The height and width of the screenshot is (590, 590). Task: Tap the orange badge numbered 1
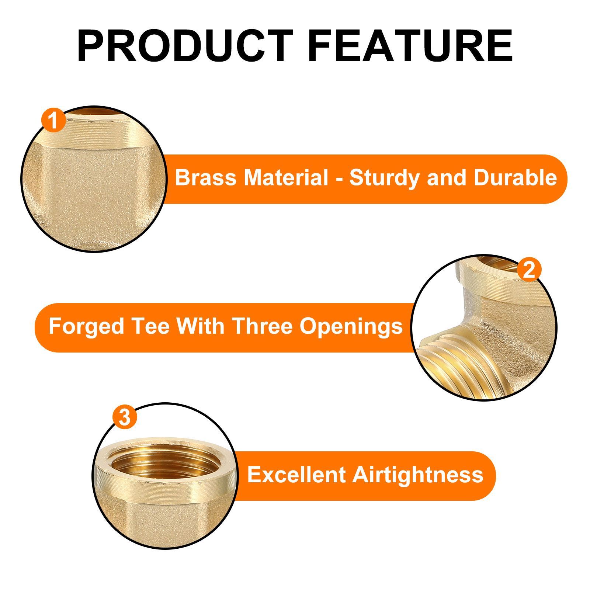(x=54, y=120)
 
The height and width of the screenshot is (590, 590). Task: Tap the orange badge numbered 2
(x=529, y=270)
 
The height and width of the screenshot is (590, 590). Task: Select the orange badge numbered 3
(x=125, y=418)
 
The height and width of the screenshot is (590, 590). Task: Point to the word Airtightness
(x=418, y=475)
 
